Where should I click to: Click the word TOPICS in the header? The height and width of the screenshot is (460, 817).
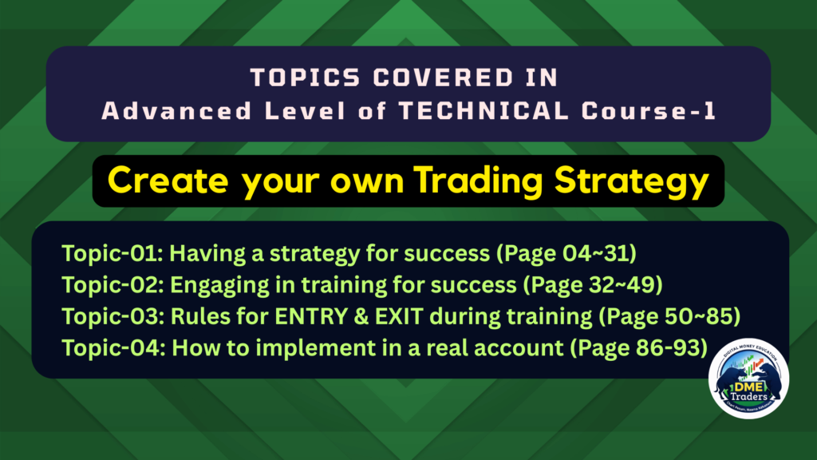306,78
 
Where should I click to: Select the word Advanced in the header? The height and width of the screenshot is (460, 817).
176,110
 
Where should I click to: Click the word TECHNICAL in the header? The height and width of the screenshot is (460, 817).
483,110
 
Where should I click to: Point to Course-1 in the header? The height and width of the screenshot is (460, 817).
649,110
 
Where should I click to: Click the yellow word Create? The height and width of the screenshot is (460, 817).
168,180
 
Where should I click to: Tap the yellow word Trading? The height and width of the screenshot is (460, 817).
479,181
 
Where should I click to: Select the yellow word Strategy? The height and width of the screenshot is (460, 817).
632,181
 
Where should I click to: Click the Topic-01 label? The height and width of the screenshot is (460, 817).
112,253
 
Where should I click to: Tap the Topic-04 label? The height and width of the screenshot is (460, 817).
113,347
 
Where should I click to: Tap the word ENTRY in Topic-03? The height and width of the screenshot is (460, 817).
311,316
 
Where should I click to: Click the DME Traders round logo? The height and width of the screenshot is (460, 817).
748,379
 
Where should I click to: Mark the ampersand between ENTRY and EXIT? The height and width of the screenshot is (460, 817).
361,316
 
